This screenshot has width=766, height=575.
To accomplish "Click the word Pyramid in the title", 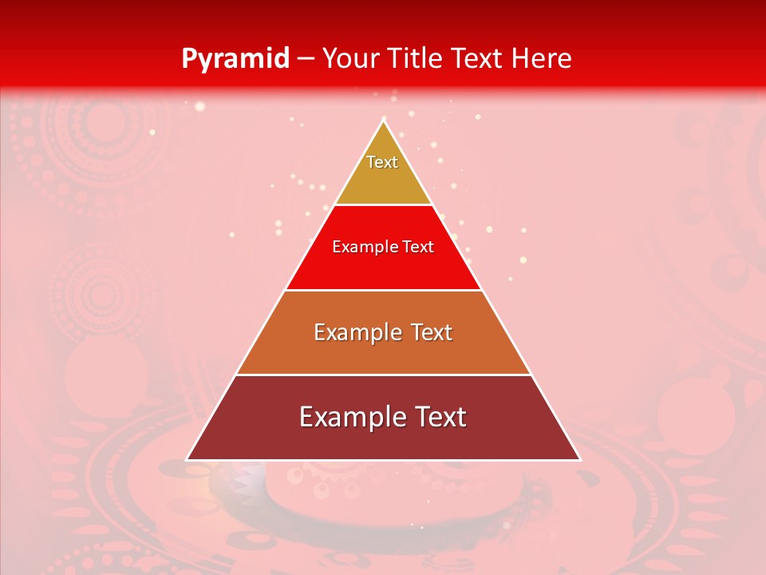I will pos(235,59).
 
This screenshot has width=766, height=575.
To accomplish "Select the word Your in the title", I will pos(348,58).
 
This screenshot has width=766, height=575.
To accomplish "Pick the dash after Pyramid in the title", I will pos(306,59).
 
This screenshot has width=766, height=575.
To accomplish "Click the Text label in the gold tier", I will pos(382,162).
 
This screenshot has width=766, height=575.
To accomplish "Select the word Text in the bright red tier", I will pos(419,247).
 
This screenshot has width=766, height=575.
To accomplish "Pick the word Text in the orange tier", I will pos(432,332).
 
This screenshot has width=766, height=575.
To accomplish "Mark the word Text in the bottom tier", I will pos(438,417).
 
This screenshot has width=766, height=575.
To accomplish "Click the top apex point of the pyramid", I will pos(383,121).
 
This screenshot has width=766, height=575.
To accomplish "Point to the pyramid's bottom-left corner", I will pos(188,459).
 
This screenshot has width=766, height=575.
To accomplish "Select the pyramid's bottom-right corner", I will pos(579,459).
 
